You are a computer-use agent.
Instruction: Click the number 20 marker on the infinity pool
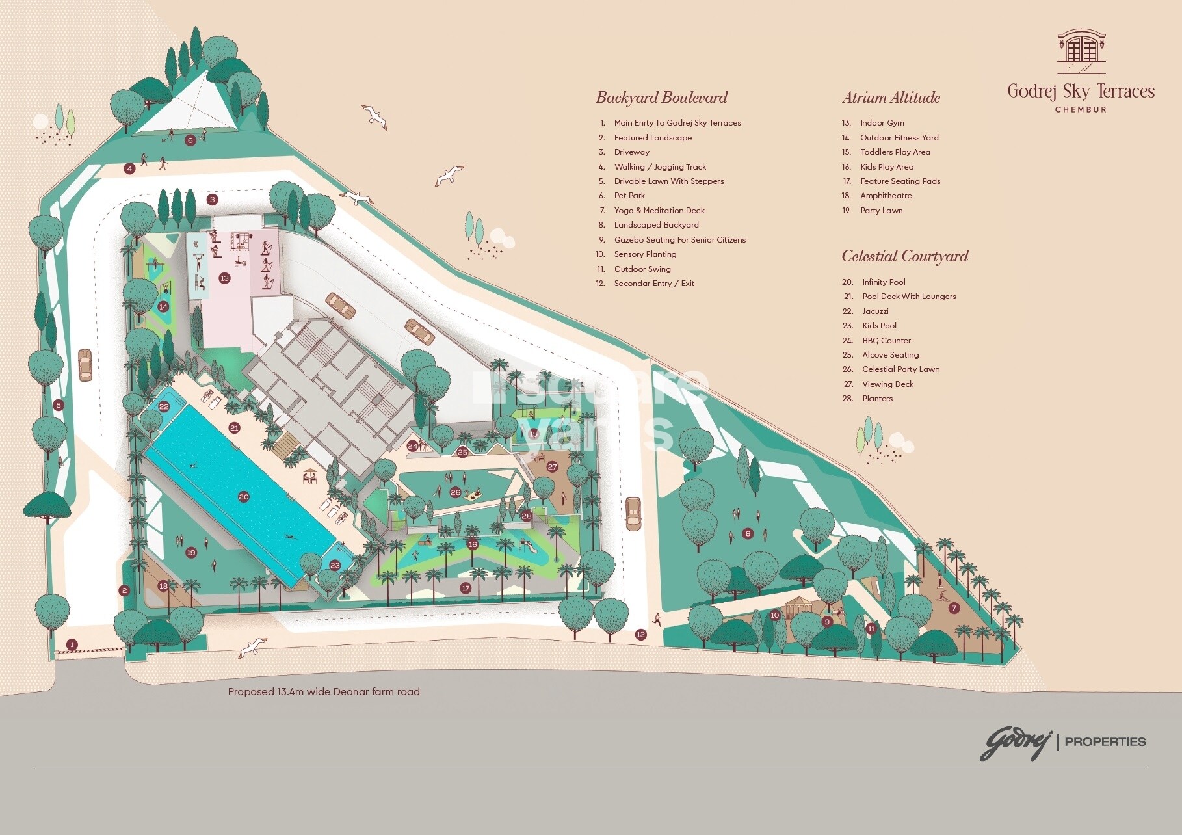[244, 497]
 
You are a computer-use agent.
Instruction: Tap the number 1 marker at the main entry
[72, 644]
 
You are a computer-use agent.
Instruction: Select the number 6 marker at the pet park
[190, 140]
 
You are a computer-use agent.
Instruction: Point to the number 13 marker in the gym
[224, 278]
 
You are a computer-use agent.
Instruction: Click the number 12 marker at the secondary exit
[641, 634]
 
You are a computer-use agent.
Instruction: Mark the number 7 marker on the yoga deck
[954, 608]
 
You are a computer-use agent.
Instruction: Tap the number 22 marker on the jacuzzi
[164, 406]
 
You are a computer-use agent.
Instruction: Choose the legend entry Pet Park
[629, 195]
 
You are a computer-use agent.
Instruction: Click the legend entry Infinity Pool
[883, 282]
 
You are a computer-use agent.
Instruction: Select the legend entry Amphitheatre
[885, 195]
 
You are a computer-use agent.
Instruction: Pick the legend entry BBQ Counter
[886, 340]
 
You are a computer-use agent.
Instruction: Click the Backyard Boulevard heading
[661, 98]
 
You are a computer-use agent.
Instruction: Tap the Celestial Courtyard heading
[904, 256]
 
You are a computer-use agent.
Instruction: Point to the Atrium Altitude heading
[891, 98]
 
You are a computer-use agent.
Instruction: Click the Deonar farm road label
[324, 691]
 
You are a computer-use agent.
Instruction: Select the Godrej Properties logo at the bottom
[1062, 742]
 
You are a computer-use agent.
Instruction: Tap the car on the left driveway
[84, 365]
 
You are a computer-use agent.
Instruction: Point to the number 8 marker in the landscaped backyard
[748, 533]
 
